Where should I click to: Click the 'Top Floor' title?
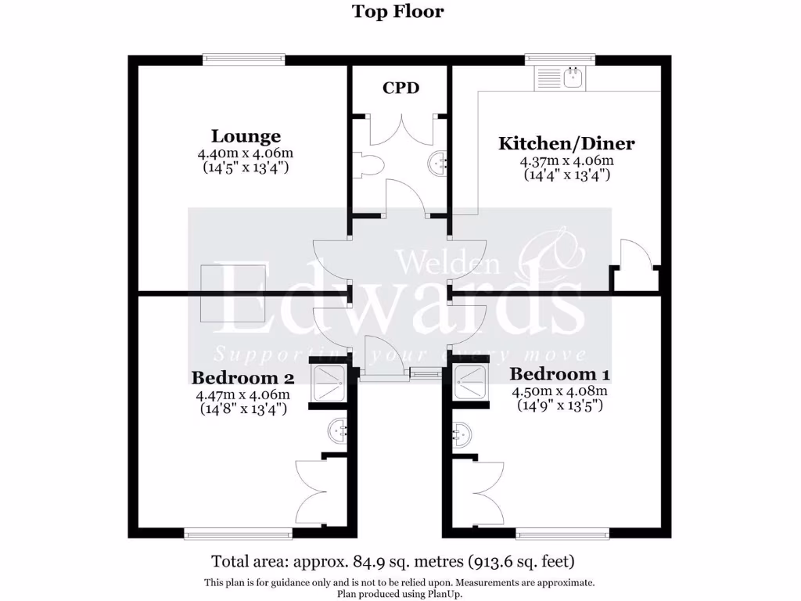(x=397, y=11)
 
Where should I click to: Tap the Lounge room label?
(x=246, y=136)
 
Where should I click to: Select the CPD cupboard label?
(x=400, y=88)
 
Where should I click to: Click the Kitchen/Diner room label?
(x=566, y=143)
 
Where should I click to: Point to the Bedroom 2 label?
(x=242, y=378)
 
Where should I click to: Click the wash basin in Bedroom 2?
(x=338, y=432)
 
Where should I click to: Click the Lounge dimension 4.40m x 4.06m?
(x=246, y=153)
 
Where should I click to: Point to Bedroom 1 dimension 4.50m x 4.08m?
(x=559, y=391)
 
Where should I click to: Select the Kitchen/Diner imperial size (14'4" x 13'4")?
(x=566, y=175)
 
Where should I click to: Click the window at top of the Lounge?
(x=243, y=59)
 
